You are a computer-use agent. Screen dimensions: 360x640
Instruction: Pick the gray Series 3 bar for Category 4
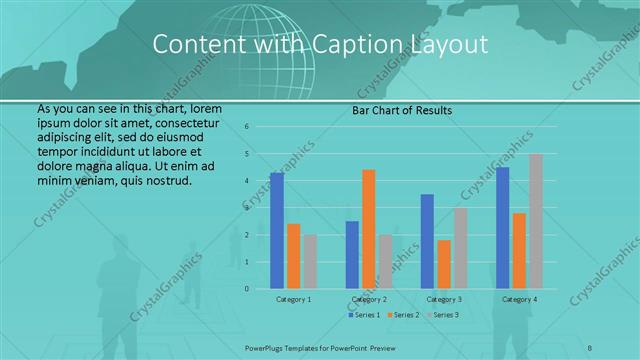coord(535,221)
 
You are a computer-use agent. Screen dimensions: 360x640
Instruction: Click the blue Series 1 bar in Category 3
coord(427,241)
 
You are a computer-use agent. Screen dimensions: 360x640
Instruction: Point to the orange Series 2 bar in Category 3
coord(443,264)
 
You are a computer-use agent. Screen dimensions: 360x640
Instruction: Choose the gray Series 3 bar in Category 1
coord(309,262)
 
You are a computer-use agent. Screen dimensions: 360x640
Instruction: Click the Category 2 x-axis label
coord(370,300)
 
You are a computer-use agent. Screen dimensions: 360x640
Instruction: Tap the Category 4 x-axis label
coord(519,300)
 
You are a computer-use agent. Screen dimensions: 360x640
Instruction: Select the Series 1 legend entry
coord(364,315)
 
